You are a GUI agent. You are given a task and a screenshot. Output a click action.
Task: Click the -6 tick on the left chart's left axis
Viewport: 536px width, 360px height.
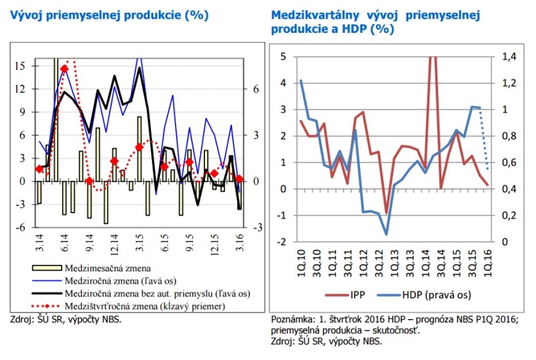click(x=21, y=227)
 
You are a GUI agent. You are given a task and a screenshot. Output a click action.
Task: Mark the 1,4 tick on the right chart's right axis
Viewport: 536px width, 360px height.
click(x=510, y=57)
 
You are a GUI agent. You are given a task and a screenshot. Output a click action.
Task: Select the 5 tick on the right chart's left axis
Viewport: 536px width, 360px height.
click(x=283, y=57)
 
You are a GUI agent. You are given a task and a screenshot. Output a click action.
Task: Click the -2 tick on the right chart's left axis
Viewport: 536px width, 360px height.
click(x=281, y=241)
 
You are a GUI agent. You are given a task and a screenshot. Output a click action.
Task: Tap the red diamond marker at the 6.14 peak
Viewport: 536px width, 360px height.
click(x=64, y=69)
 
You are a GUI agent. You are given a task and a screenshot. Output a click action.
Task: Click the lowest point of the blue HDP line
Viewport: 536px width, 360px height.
click(x=387, y=234)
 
